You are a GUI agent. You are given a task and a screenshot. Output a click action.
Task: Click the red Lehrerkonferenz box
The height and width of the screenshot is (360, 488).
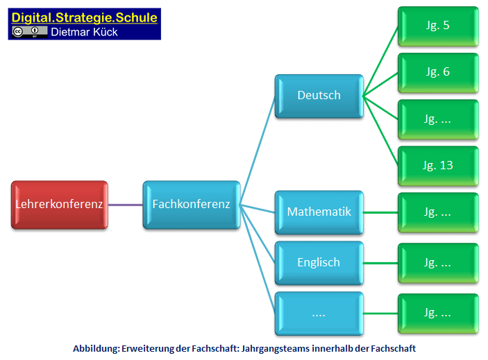pyautogui.click(x=60, y=205)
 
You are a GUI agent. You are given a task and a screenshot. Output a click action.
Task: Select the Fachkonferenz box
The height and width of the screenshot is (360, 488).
pyautogui.click(x=191, y=205)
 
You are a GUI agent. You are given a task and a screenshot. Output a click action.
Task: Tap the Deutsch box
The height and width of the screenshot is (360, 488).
pyautogui.click(x=319, y=96)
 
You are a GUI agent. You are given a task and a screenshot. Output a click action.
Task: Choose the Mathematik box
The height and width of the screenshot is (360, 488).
pyautogui.click(x=319, y=212)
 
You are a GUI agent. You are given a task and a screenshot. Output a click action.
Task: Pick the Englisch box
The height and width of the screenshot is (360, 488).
pyautogui.click(x=319, y=262)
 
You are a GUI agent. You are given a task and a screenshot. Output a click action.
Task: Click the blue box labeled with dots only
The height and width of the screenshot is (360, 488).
pyautogui.click(x=319, y=313)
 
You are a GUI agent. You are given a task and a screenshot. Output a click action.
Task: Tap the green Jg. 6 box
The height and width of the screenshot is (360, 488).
pyautogui.click(x=437, y=72)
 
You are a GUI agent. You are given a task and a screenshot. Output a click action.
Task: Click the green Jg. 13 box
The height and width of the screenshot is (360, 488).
pyautogui.click(x=437, y=165)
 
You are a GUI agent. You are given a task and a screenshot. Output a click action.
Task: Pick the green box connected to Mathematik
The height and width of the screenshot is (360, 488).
pyautogui.click(x=437, y=212)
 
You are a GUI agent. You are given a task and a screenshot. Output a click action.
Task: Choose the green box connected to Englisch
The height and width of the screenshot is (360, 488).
pyautogui.click(x=437, y=263)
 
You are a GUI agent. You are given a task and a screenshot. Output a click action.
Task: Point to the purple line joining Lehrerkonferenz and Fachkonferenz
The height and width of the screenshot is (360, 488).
pyautogui.click(x=126, y=205)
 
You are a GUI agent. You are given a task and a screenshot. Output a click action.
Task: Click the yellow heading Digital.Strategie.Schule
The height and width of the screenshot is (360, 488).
pyautogui.click(x=84, y=17)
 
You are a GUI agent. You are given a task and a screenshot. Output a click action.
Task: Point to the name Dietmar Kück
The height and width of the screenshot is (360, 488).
pyautogui.click(x=83, y=31)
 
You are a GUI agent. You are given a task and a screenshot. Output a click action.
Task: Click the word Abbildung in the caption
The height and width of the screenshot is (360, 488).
pyautogui.click(x=96, y=349)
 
